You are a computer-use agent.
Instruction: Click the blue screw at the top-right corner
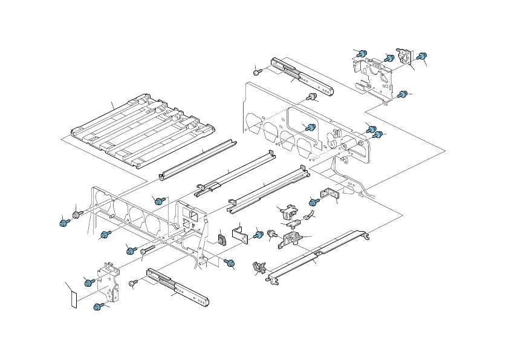click(423, 55)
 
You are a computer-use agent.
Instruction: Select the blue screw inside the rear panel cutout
click(311, 127)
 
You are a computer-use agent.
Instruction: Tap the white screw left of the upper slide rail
click(257, 71)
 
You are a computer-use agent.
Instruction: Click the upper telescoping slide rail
click(302, 77)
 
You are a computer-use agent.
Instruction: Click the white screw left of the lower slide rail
click(133, 283)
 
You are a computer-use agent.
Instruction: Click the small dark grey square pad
click(221, 240)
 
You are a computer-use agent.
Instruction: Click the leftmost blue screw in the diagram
click(63, 223)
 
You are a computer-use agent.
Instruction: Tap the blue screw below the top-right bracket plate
click(402, 94)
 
